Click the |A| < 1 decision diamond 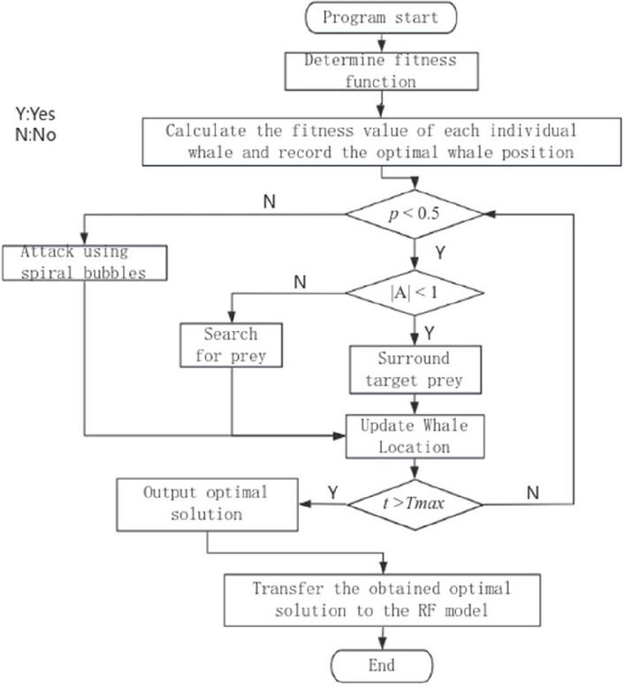[415, 291]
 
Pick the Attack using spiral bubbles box [85, 261]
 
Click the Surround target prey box [414, 369]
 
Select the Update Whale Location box [414, 435]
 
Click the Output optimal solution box [206, 502]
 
